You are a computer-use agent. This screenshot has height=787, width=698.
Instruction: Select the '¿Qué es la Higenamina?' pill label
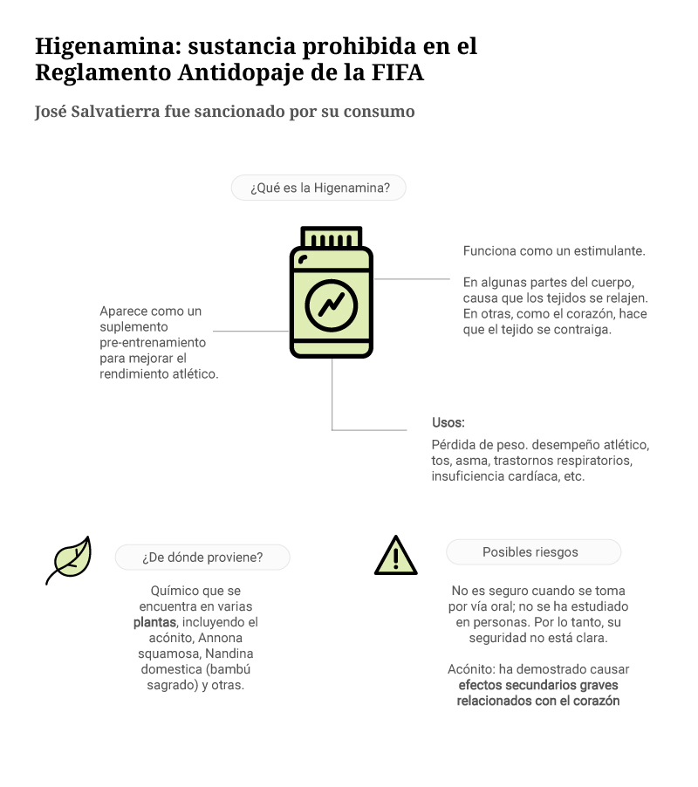[318, 188]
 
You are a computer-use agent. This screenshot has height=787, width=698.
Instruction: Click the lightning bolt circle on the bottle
[332, 305]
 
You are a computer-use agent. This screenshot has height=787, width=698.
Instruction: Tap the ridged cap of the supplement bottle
[332, 237]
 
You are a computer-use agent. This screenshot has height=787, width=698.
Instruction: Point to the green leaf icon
[69, 559]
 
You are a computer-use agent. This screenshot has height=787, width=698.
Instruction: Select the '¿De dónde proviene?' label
[202, 558]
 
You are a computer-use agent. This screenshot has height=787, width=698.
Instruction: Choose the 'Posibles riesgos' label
[533, 552]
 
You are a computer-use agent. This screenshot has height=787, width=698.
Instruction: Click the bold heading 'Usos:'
[448, 422]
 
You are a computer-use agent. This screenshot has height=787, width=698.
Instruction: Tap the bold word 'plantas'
[155, 622]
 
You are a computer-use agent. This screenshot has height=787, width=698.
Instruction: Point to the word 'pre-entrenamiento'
[153, 342]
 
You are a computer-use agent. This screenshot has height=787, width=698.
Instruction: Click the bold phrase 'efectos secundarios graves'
[539, 685]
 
